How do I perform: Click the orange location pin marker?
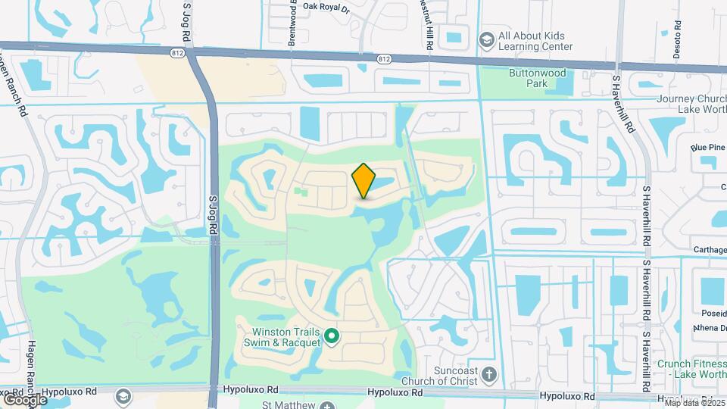click(x=364, y=181)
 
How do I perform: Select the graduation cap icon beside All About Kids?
click(x=487, y=38)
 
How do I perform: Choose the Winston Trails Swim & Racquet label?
click(x=283, y=336)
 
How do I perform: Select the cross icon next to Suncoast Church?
click(x=489, y=374)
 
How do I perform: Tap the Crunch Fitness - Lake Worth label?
click(x=691, y=369)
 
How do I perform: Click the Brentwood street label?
click(x=291, y=23)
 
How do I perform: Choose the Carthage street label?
click(x=710, y=249)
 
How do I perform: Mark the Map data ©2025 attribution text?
click(x=691, y=403)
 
